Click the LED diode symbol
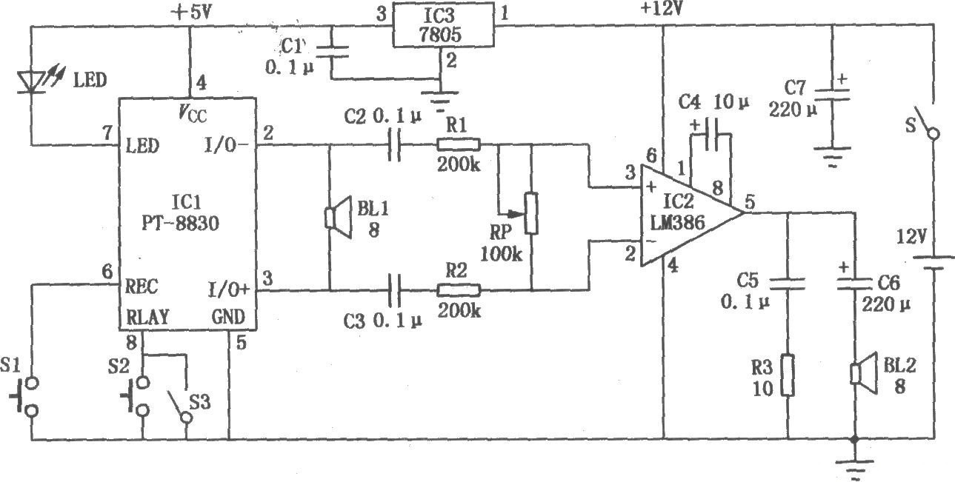point(30,79)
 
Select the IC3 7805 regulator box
point(442,26)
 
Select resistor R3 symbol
point(786,375)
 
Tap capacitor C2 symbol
point(394,145)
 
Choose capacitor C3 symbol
point(394,289)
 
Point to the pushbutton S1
point(28,397)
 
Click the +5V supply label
point(190,12)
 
